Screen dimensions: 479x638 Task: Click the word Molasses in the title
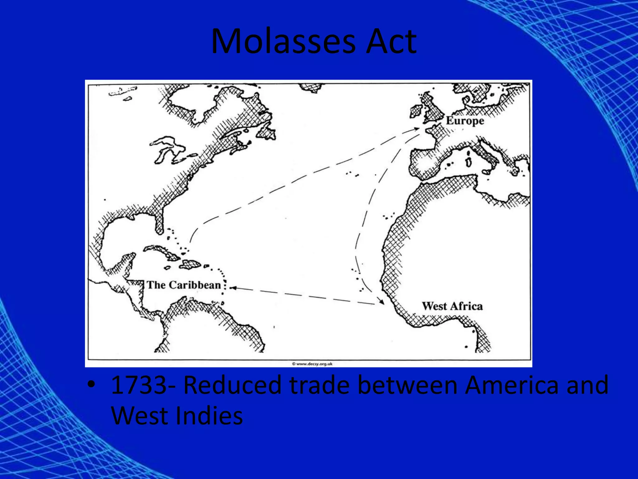(283, 41)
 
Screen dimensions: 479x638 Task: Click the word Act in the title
(391, 41)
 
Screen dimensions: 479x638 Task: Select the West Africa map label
(452, 306)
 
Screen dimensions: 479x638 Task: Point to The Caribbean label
(184, 285)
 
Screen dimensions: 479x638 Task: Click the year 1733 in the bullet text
(139, 385)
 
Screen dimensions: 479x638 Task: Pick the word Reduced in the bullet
(232, 385)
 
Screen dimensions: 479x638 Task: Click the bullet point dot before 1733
(91, 385)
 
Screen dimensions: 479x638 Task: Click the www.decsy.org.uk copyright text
(312, 364)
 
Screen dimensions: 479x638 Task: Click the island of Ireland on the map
(416, 111)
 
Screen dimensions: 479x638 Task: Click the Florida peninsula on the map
(159, 220)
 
